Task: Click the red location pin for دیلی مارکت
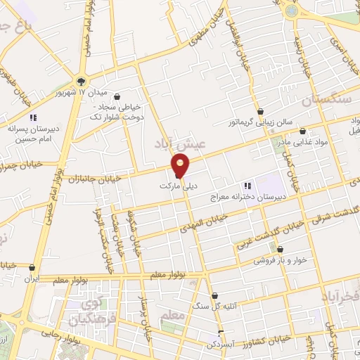point(181,165)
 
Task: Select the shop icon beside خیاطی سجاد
point(117,96)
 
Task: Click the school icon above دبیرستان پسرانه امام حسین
point(32,117)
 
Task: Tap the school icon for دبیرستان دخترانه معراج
point(247,186)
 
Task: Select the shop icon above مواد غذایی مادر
point(302,131)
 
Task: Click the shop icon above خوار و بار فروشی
point(280,250)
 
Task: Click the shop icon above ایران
point(32,267)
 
